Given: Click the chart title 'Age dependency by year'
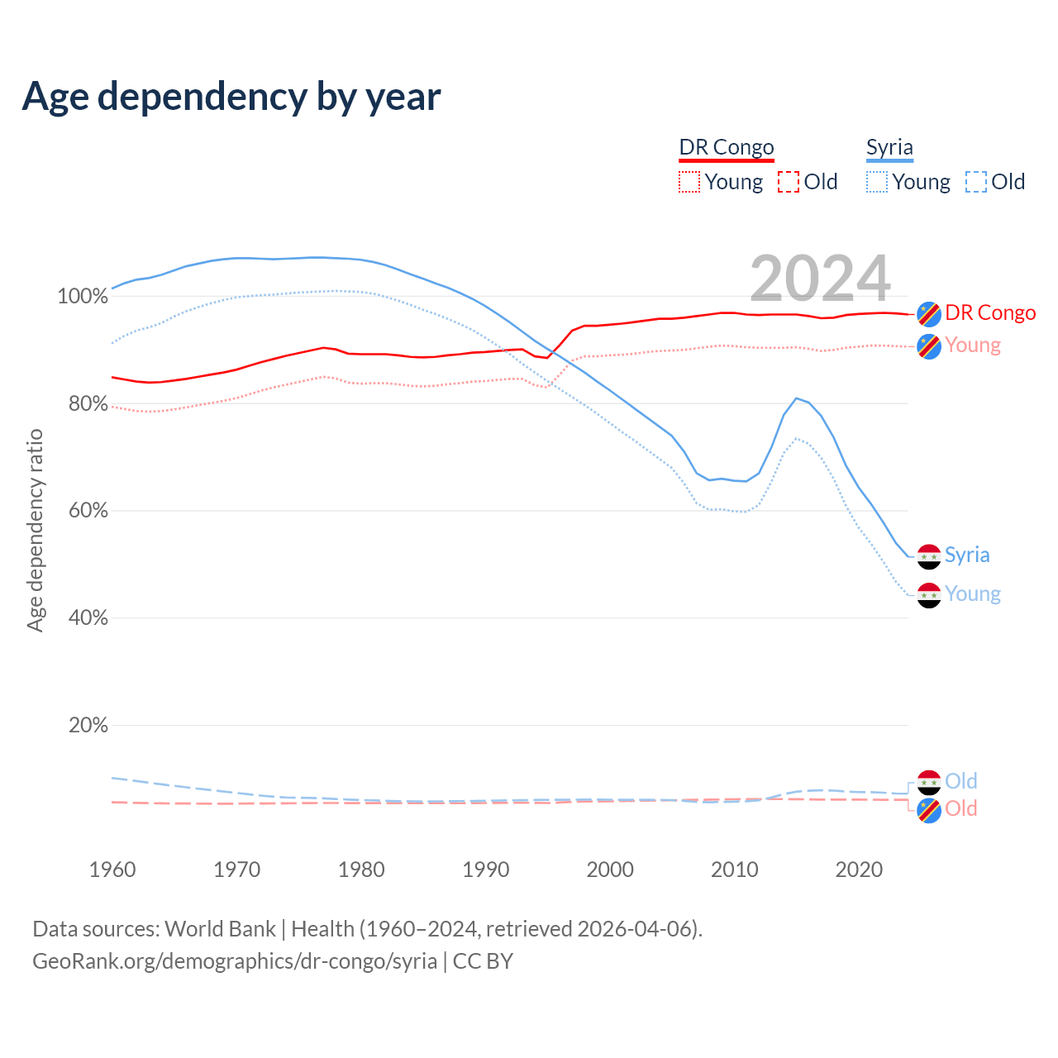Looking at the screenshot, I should coord(231,96).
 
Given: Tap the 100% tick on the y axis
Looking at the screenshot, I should coord(83,297).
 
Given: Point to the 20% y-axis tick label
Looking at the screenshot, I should coord(88,726).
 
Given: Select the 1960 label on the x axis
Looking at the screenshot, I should coord(112,870).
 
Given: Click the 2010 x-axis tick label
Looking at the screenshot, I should coord(734,870).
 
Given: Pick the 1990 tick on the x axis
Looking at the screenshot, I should coord(485,870).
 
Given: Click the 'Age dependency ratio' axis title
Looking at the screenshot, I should coord(35,530).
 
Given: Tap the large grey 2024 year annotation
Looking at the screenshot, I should coord(820,279).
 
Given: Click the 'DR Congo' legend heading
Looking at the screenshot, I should coord(727,147).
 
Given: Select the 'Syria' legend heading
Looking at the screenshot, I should coord(889,147).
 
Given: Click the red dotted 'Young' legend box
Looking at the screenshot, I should coord(689,182).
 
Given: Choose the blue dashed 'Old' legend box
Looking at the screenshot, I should coord(976,182).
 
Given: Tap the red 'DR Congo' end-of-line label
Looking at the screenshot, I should coord(990,313).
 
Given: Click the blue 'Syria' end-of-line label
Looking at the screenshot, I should coord(967,555).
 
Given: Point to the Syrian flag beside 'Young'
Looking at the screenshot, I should coord(929,595).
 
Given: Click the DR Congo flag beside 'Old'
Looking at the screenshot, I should coord(929,810).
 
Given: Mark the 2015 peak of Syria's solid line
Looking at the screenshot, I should coord(796,398).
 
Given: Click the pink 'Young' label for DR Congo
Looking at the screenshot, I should coord(973,345).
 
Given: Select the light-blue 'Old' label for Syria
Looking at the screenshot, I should coord(961,781).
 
